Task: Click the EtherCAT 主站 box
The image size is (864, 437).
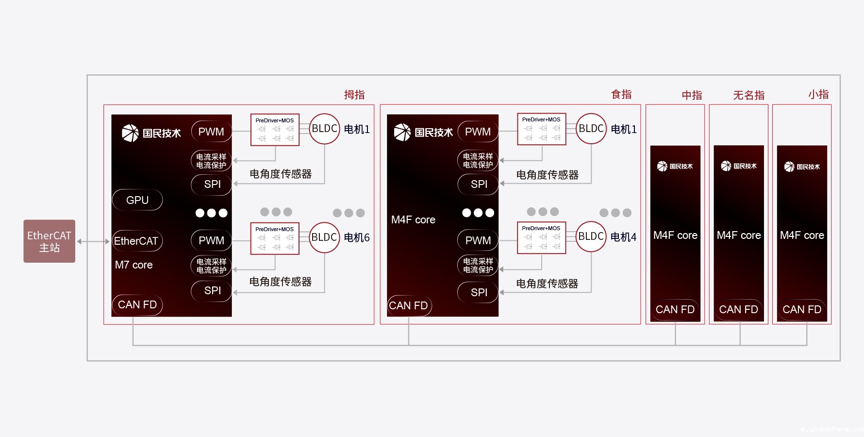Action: point(50,241)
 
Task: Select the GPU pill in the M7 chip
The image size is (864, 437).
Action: point(137,200)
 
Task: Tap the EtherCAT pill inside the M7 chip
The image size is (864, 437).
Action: point(136,241)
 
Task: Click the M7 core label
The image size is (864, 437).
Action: point(134,265)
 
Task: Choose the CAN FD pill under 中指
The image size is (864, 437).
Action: point(675,309)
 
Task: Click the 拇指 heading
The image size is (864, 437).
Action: point(354,95)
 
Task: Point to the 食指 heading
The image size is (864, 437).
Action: point(621,94)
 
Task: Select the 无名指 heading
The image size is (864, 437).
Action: point(748,95)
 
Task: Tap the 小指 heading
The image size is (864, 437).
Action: point(818,94)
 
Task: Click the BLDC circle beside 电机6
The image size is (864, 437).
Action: point(324,237)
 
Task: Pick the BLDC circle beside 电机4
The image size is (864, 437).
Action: point(591,236)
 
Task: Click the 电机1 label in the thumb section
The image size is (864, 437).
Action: point(357,129)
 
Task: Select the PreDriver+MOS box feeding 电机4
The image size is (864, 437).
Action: point(542,238)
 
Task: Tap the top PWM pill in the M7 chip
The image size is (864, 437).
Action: point(211,132)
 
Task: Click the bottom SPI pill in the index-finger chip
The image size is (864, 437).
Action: point(479,292)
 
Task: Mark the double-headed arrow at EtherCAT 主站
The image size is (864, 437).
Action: point(93,241)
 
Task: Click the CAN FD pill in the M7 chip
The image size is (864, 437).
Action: point(137,304)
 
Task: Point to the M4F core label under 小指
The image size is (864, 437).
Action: point(802,235)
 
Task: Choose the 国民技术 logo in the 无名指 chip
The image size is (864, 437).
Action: point(739,166)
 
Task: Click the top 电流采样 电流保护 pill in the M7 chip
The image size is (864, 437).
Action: point(211,161)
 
